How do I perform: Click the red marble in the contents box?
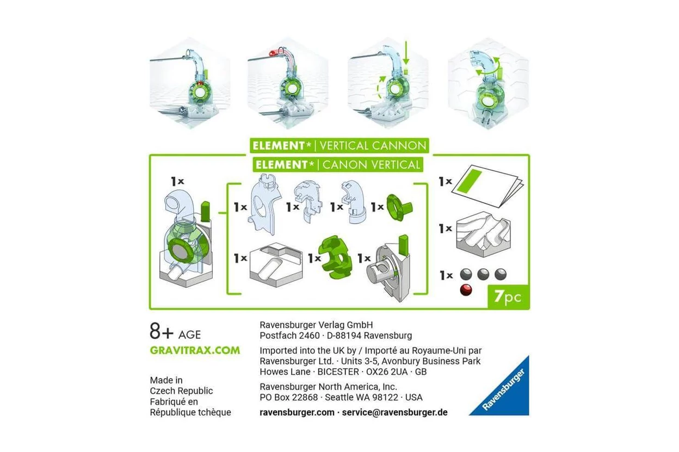coord(466,290)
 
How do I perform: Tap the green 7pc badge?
coord(508,297)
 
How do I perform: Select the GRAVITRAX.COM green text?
coord(195,350)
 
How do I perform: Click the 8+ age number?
coord(161,331)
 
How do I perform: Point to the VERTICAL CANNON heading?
coord(373,146)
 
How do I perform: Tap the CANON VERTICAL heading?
coord(371,165)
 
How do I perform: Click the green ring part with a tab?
coord(399,207)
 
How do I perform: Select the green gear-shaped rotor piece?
coord(335,257)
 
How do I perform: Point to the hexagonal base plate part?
coord(276,264)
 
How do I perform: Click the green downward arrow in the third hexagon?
coord(406,53)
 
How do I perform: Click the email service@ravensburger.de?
coord(394,412)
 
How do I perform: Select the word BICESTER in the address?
coord(338,371)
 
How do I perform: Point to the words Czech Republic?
coord(181,391)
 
